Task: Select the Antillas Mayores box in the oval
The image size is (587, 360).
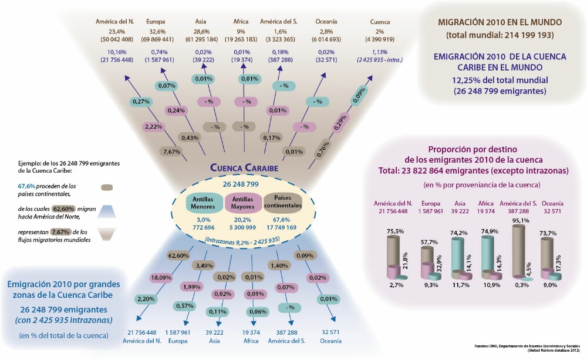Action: (x=243, y=202)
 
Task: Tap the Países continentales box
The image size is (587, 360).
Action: (x=283, y=202)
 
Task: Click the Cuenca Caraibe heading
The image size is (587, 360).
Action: (x=244, y=168)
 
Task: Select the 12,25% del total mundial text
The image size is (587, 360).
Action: (x=500, y=80)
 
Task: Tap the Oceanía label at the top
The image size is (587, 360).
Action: (x=326, y=22)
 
